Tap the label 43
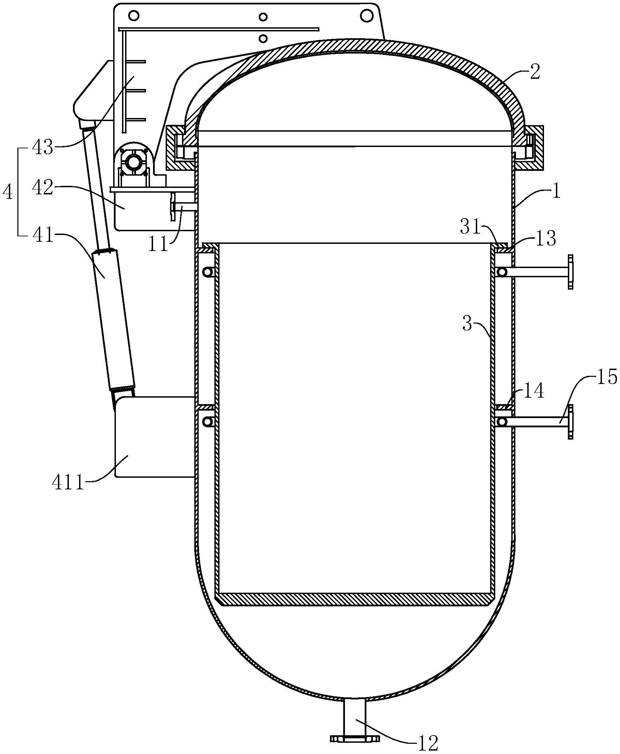43,147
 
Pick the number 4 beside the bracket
8,193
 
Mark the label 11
158,245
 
